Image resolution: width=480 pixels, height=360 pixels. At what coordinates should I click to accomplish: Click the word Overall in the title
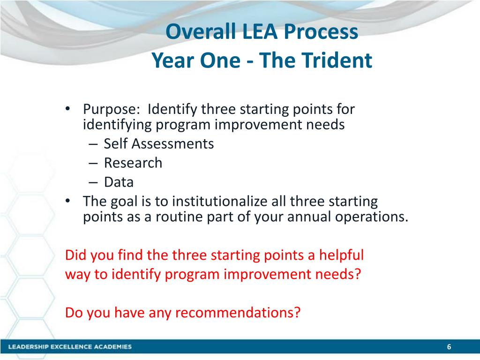coord(201,31)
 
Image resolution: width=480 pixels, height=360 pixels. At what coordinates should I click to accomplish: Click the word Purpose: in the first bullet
coord(112,110)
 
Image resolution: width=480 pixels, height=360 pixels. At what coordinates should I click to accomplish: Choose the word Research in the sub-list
coord(133,163)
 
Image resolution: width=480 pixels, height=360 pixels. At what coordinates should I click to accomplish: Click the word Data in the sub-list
coord(119,182)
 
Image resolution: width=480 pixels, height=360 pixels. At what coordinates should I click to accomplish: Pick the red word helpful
coord(341,255)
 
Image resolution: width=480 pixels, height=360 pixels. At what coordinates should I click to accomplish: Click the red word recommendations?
coord(238,313)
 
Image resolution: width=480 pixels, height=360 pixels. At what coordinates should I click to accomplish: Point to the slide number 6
coord(449,346)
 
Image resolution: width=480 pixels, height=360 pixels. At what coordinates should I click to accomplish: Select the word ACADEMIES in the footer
coord(112,346)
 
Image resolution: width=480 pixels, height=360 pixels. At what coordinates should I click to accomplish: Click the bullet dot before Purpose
coord(67,109)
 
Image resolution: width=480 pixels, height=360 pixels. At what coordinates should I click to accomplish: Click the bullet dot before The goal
coord(67,201)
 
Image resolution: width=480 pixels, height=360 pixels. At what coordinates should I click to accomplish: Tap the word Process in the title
coord(321,31)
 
